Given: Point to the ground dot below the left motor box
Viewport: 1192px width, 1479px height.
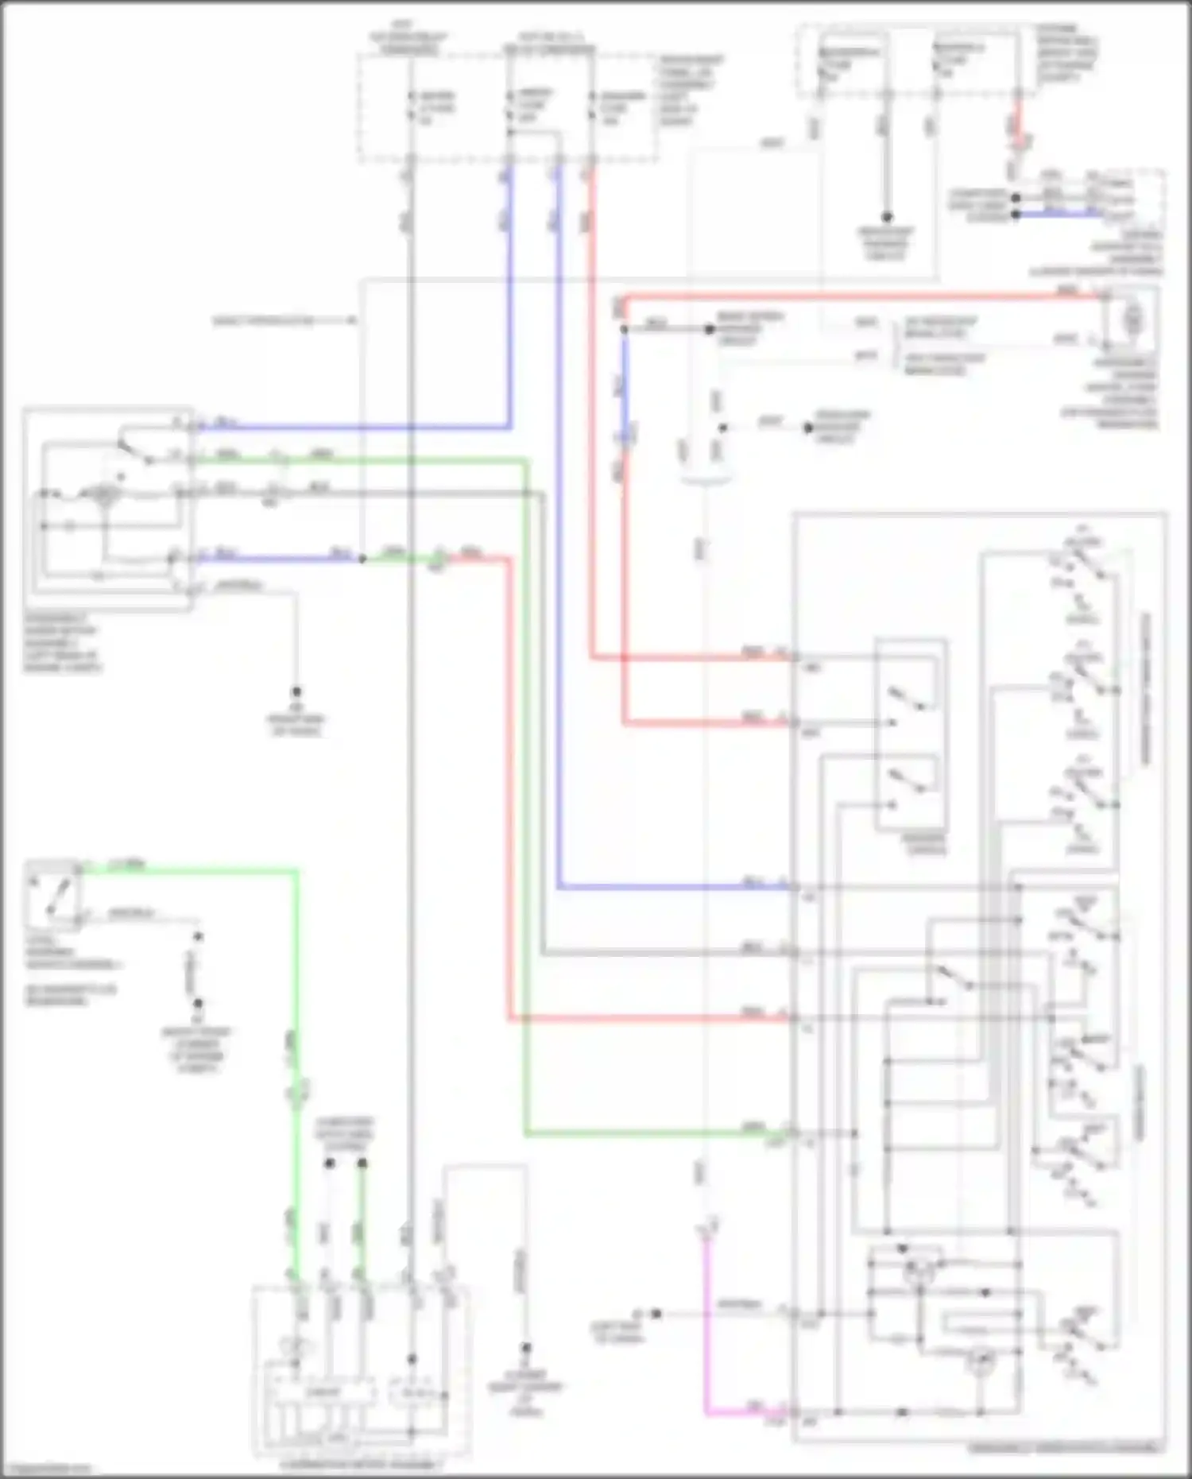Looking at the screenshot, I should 296,691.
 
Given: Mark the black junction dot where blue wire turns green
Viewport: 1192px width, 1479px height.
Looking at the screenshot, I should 362,559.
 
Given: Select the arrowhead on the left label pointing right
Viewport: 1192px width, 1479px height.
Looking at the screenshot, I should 350,321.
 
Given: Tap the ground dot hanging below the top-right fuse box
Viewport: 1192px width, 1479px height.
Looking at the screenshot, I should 887,216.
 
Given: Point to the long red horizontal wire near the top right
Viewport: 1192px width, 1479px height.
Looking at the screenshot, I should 858,298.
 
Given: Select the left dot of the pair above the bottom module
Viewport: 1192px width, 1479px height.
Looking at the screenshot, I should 329,1163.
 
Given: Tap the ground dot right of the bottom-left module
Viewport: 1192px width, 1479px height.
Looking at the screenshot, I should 525,1348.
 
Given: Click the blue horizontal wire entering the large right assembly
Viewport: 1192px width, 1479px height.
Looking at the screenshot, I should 675,887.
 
